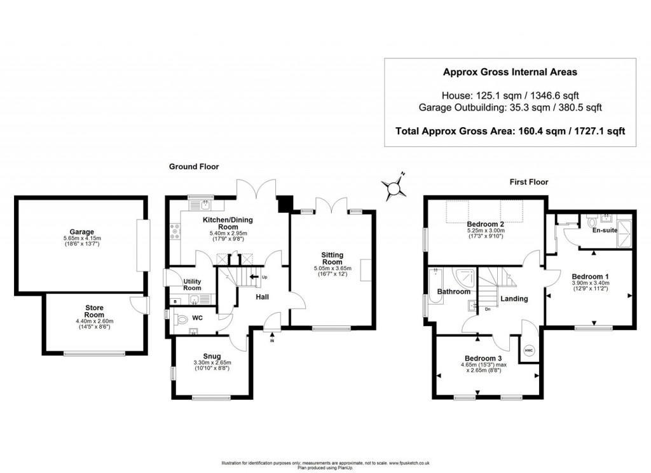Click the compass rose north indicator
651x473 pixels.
click(395, 186)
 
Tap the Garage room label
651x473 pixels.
click(82, 232)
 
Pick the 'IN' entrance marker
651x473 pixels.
click(272, 341)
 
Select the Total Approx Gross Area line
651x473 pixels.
click(510, 132)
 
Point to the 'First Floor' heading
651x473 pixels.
click(529, 182)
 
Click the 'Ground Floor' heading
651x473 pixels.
click(194, 167)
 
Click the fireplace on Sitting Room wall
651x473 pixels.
click(366, 270)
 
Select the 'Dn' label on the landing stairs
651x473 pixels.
click(487, 310)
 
